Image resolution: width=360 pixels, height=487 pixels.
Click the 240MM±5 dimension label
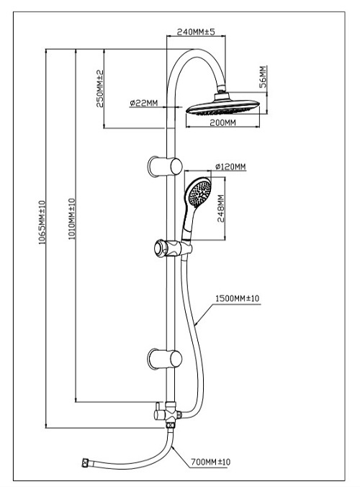point(196,32)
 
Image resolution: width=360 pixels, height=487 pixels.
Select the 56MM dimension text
point(264,76)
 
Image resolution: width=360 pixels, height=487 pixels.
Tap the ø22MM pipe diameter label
point(144,103)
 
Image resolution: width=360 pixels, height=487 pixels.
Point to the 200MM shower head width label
point(222,122)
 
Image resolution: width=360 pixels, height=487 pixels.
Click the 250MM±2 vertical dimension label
point(100,89)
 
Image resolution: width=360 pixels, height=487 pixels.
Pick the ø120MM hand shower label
point(230,167)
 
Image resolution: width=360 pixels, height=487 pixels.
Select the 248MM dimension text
point(220,208)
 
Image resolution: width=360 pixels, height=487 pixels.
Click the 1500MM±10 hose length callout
point(237,298)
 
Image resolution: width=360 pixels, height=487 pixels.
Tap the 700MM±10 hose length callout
point(210,462)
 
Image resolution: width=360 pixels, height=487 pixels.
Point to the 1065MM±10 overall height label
point(42,223)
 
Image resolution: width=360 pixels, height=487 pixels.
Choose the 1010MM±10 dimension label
point(72,219)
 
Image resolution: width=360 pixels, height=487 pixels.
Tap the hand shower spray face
point(199,194)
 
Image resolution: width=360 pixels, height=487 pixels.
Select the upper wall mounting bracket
point(165,166)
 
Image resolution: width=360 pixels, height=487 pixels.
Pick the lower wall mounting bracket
point(165,359)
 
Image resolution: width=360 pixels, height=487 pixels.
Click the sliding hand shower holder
point(173,249)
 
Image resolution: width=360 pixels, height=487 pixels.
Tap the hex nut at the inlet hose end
point(85,463)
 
